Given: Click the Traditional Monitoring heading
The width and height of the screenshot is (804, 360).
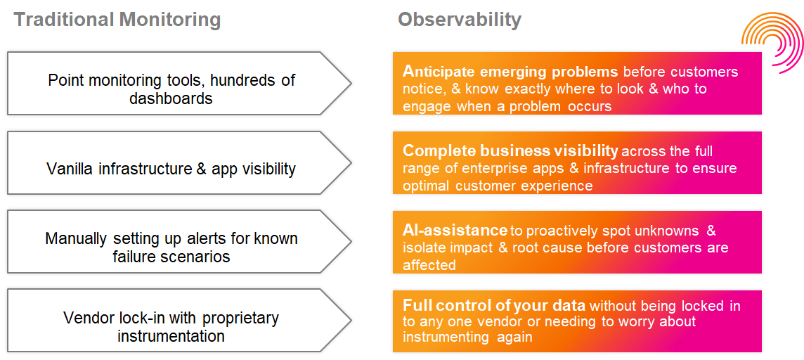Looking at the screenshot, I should point(117,19).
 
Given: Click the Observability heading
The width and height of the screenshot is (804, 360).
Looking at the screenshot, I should point(460,19).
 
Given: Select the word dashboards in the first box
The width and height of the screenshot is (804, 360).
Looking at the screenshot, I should point(171,98).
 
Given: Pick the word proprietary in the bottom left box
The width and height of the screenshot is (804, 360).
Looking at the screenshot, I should point(240,318).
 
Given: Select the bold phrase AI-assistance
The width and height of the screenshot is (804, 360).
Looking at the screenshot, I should point(455,231).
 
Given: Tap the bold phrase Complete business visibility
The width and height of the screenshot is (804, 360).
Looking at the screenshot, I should point(510,151).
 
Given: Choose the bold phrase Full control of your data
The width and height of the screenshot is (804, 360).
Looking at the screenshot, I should point(494,306).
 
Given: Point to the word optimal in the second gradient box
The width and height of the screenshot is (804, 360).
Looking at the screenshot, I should point(427,186).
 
